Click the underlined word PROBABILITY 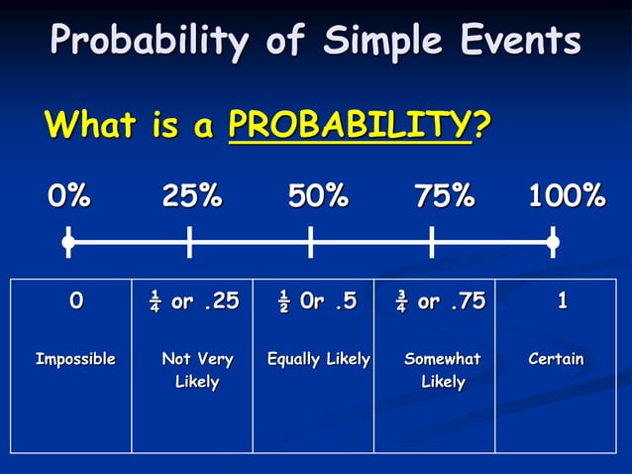[348, 126]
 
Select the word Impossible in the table [75, 359]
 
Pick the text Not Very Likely [197, 370]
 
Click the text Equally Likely [318, 359]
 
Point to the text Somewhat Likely [442, 370]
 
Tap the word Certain [556, 359]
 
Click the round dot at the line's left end [67, 241]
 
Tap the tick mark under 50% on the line [310, 241]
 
